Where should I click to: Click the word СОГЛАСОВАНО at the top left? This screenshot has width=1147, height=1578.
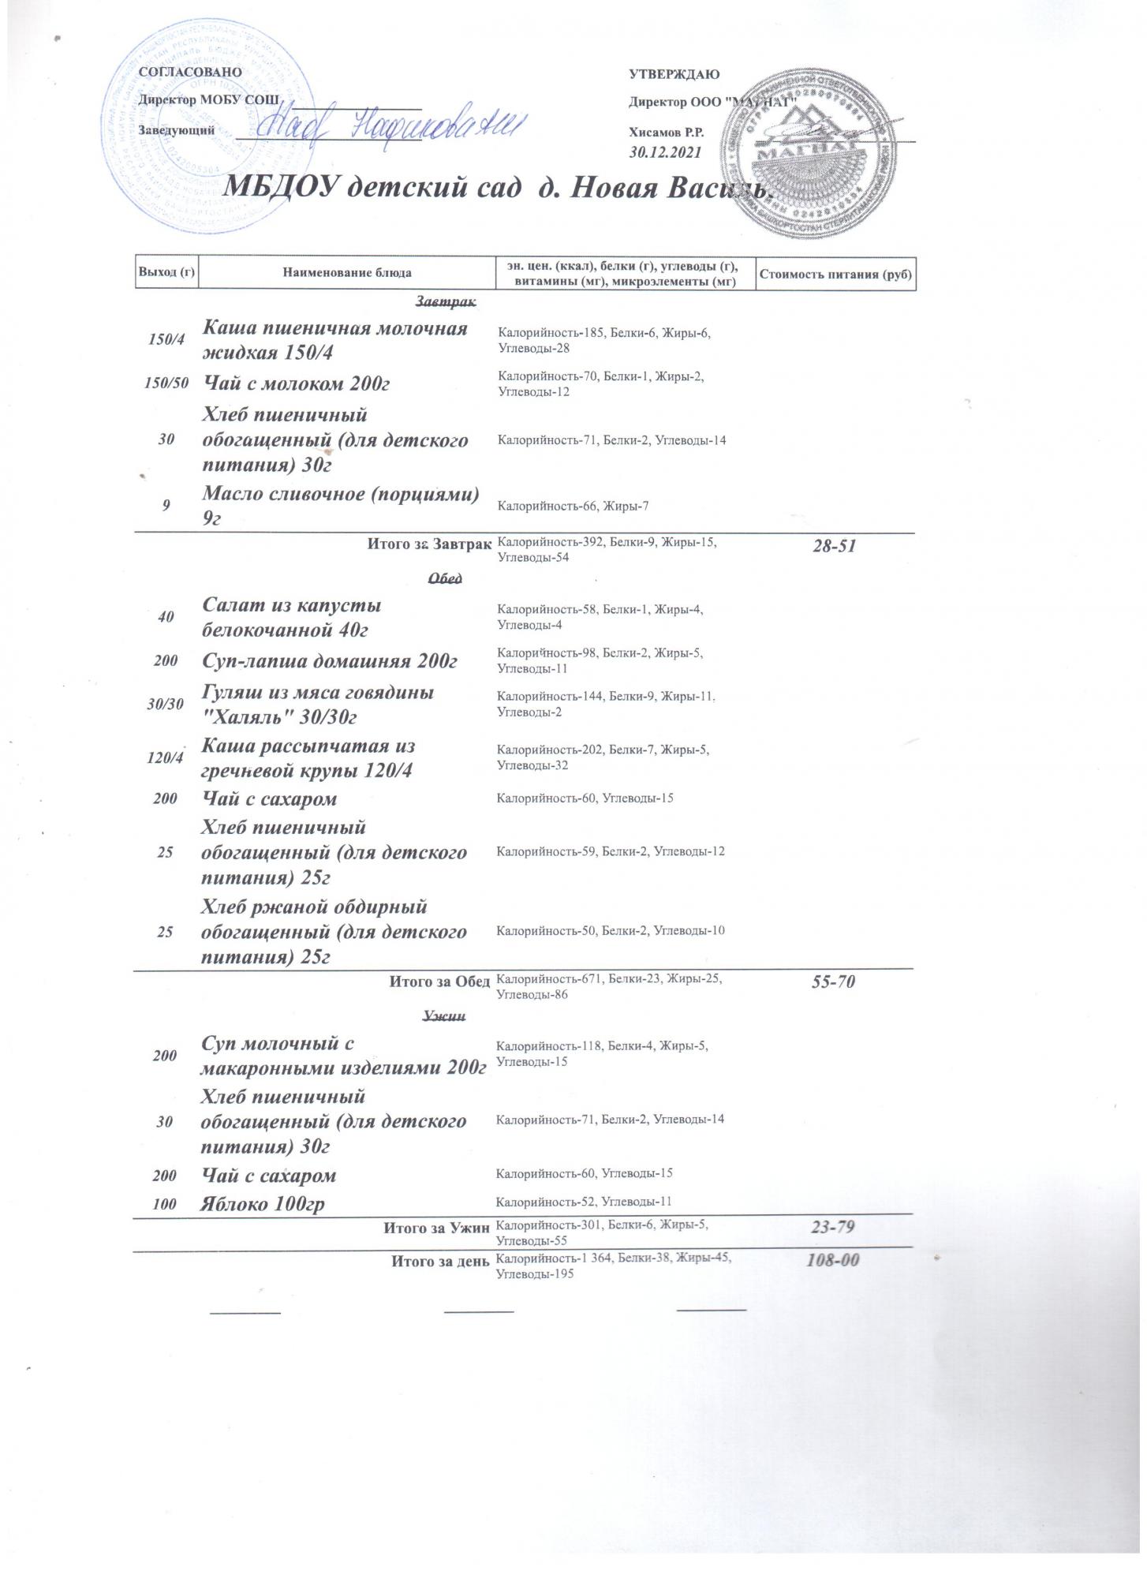coord(189,72)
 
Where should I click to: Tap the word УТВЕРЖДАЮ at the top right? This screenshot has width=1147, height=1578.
coord(674,75)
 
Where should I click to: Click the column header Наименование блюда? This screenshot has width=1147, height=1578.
coord(346,273)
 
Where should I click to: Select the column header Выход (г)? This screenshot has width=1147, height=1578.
coord(166,273)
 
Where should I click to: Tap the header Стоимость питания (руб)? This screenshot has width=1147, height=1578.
coord(835,274)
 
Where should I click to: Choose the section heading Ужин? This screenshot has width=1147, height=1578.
coord(444,1016)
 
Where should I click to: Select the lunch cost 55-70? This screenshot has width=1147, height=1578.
coord(834,982)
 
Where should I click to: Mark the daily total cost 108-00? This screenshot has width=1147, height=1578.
coord(832,1261)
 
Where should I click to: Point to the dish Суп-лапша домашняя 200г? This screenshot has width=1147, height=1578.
coord(330,661)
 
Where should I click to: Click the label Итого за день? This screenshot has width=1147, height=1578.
coord(441,1261)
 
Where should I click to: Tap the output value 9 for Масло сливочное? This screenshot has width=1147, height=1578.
coord(166,506)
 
